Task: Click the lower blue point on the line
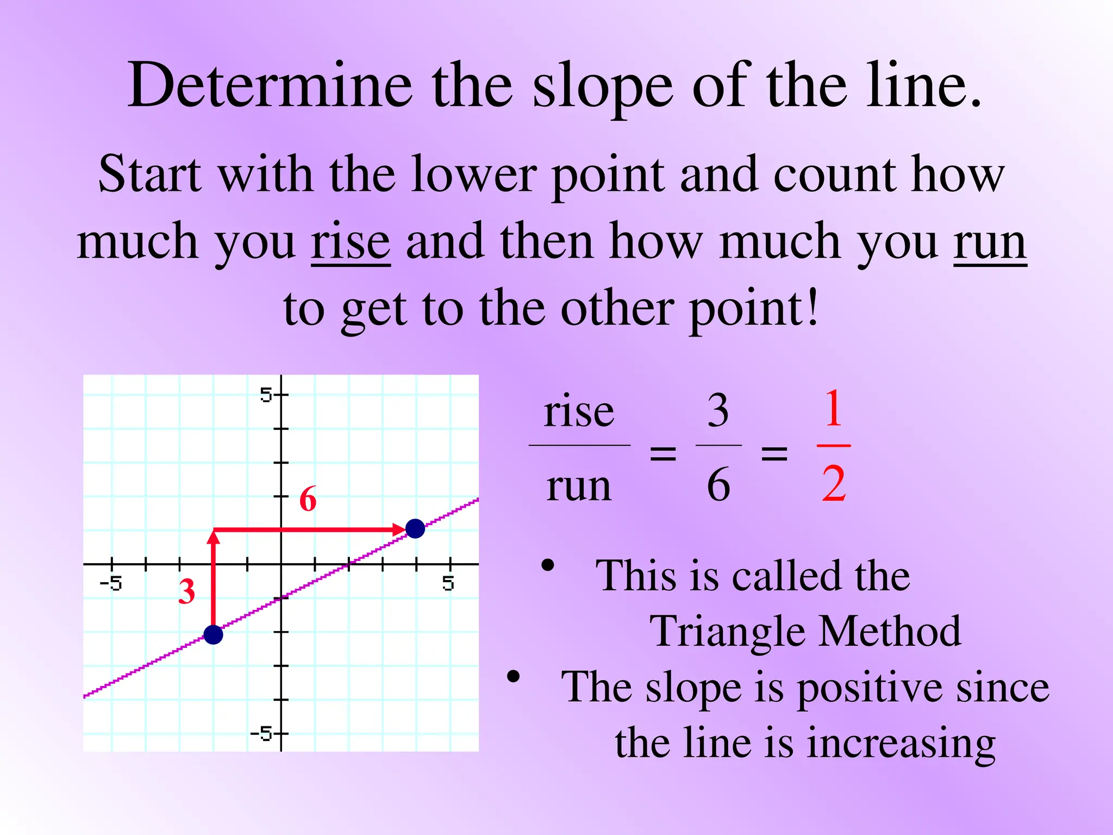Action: pos(213,634)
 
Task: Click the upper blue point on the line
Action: pos(415,528)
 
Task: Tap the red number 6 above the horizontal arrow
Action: pos(308,499)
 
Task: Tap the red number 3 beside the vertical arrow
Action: pos(187,591)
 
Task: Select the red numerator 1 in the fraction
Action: pos(833,409)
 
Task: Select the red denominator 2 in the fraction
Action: pos(834,484)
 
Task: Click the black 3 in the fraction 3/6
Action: pos(718,411)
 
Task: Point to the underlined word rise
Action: pos(351,242)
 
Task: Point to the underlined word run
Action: pos(990,242)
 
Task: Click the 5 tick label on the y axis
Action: pos(266,395)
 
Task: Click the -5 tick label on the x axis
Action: pos(111,584)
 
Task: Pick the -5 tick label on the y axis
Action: pos(261,734)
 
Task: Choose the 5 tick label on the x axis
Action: pos(448,584)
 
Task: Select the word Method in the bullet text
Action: pos(890,631)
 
